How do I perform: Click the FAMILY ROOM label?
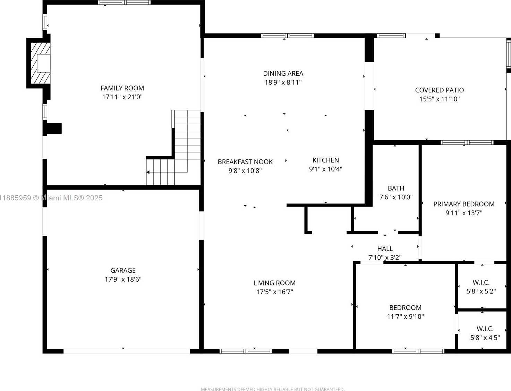122,88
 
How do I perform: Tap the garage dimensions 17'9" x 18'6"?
123,279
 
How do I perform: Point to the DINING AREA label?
283,73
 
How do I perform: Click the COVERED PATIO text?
440,90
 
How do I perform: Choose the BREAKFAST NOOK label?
245,162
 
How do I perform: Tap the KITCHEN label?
326,160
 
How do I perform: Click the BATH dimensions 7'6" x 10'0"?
396,197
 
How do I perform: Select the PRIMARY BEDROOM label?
464,204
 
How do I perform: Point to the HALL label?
385,249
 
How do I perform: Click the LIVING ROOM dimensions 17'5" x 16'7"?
275,292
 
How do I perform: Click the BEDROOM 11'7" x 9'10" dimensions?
406,316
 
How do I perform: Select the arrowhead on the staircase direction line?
148,172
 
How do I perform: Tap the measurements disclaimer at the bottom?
273,389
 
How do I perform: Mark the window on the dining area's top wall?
287,36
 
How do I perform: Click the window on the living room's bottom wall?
246,351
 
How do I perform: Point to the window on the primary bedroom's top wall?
467,143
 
